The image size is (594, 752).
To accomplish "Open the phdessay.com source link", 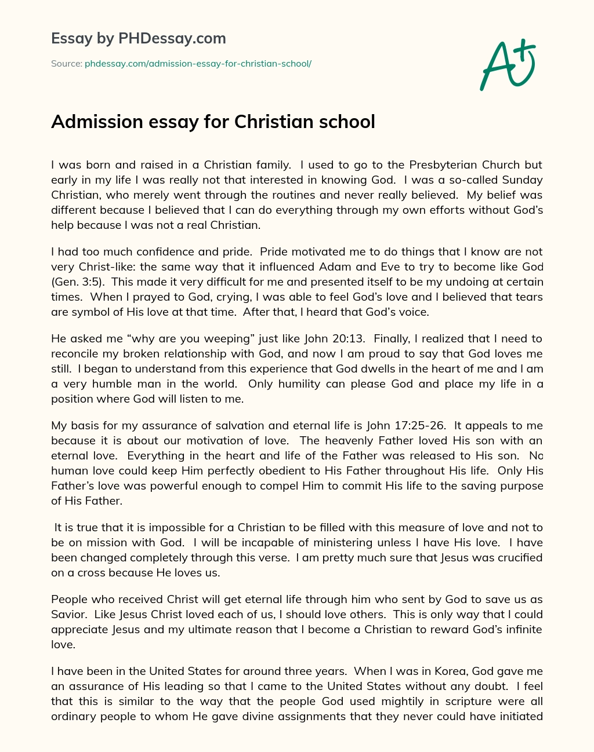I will coord(198,64).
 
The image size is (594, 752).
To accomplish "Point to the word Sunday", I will coord(523,180).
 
